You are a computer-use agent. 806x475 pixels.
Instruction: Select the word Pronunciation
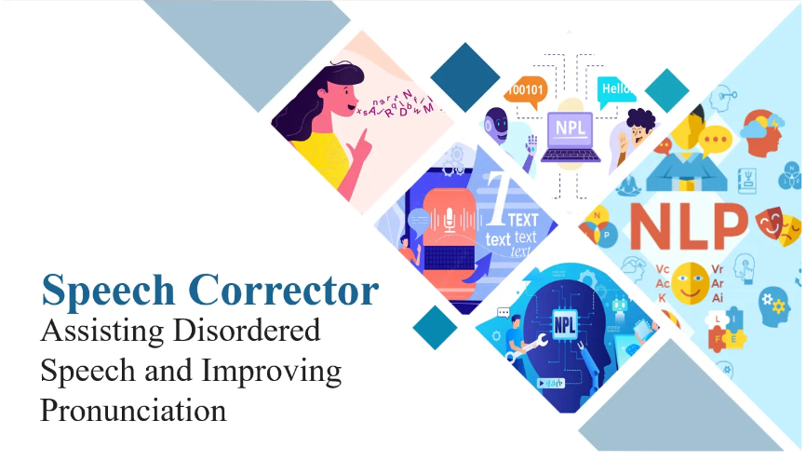(133, 409)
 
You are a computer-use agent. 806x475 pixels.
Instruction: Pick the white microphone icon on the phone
(450, 220)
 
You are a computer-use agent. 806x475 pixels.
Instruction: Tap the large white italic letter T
(499, 200)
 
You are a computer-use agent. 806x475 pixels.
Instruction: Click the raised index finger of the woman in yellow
(362, 134)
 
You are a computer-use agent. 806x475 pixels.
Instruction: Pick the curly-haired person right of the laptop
(637, 131)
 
